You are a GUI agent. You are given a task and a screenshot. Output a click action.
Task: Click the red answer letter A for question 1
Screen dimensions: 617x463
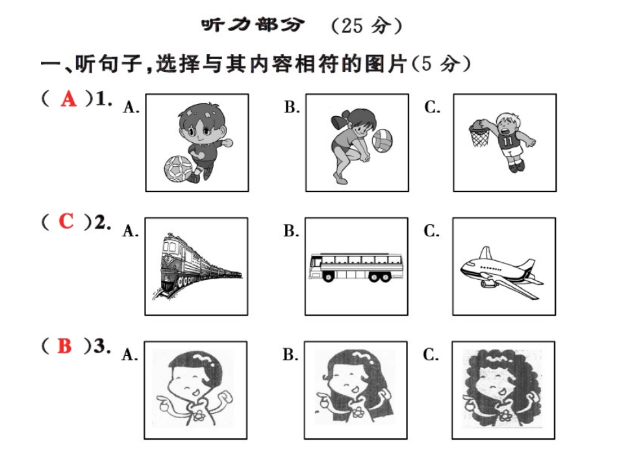click(x=68, y=98)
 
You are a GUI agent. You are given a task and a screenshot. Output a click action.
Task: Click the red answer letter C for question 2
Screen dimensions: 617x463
click(x=66, y=221)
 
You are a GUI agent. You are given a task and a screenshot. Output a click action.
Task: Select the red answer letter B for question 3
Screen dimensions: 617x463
click(x=64, y=345)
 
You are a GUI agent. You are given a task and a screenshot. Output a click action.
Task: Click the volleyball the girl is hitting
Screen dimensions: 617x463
click(x=382, y=140)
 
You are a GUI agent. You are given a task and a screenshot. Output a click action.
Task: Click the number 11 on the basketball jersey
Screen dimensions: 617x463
click(x=508, y=141)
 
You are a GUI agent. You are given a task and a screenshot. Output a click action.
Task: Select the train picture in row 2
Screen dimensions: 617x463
click(x=196, y=266)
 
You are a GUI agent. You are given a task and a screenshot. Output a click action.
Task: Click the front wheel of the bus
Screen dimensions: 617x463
click(x=327, y=277)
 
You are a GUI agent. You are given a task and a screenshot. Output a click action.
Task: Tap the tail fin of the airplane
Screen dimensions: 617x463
click(x=485, y=253)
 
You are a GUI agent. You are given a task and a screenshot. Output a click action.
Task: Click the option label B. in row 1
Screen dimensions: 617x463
click(x=292, y=107)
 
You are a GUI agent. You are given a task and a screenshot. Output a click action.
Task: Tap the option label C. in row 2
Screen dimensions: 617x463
click(x=431, y=231)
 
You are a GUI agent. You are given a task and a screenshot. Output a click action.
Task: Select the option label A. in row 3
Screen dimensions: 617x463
click(x=130, y=355)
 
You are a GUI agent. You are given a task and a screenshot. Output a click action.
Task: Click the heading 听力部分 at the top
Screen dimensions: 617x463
click(x=253, y=25)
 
